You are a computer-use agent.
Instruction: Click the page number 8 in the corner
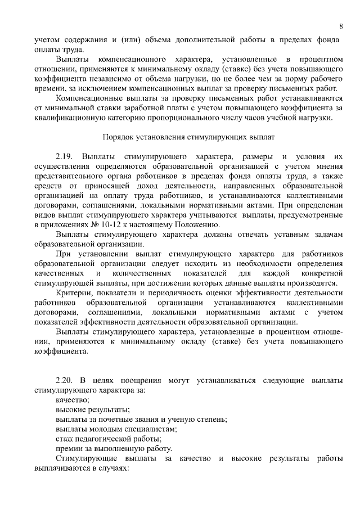click(341, 26)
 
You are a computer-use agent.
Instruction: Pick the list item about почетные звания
click(141, 418)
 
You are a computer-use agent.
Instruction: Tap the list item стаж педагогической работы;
click(109, 439)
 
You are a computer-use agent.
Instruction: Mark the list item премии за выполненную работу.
click(114, 449)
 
